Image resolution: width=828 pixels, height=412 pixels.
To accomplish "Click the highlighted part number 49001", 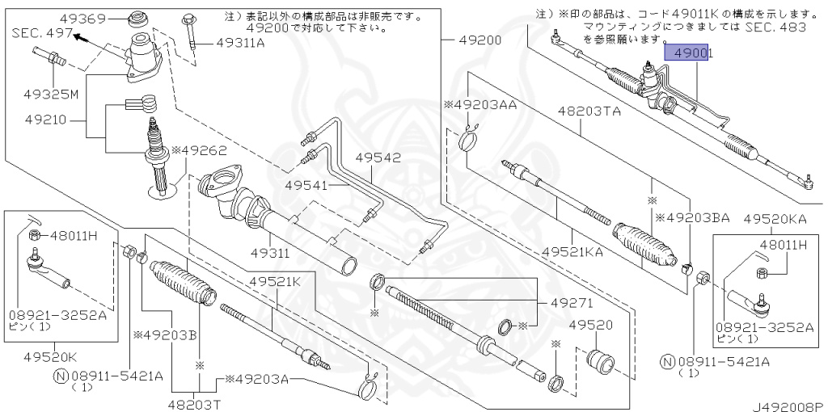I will click(689, 55).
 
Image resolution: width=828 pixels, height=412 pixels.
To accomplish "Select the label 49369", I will click(83, 19).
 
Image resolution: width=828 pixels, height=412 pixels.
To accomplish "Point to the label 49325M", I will click(51, 95).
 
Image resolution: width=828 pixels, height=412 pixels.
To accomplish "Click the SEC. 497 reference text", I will click(40, 33).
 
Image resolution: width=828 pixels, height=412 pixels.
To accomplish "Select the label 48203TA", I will click(589, 112).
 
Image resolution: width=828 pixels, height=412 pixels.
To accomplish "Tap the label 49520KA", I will click(775, 219).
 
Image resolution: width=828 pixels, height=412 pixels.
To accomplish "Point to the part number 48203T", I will click(194, 404).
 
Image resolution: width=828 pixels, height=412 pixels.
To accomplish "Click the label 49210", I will click(44, 119).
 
